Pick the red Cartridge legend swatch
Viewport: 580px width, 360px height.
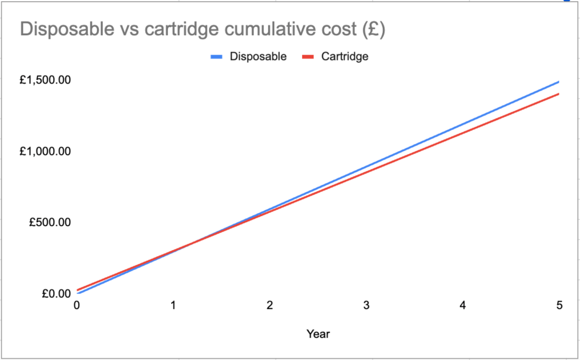(x=307, y=57)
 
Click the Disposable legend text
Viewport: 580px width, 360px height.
(x=258, y=57)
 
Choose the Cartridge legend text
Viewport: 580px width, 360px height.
(x=345, y=57)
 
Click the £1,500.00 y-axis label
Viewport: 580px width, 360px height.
(x=45, y=81)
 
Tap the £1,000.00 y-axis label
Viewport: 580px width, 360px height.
(x=45, y=151)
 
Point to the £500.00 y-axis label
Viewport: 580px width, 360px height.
(x=50, y=222)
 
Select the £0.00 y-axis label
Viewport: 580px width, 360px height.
(x=56, y=293)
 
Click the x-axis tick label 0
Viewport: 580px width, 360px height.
(x=77, y=306)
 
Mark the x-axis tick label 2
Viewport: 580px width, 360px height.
(x=270, y=306)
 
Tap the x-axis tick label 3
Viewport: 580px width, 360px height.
(x=367, y=306)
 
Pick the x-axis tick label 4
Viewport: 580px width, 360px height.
(x=463, y=306)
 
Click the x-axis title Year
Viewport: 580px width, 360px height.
(x=318, y=334)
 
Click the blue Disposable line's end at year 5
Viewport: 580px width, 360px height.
(x=558, y=82)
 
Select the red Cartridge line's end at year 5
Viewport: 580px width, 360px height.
(x=558, y=94)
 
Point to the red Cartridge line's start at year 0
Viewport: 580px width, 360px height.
(x=78, y=290)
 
